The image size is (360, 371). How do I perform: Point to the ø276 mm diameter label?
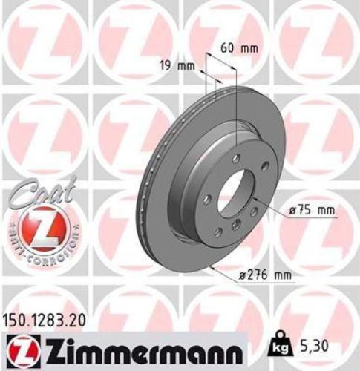click(264, 276)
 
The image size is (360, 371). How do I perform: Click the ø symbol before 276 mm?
click(241, 276)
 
